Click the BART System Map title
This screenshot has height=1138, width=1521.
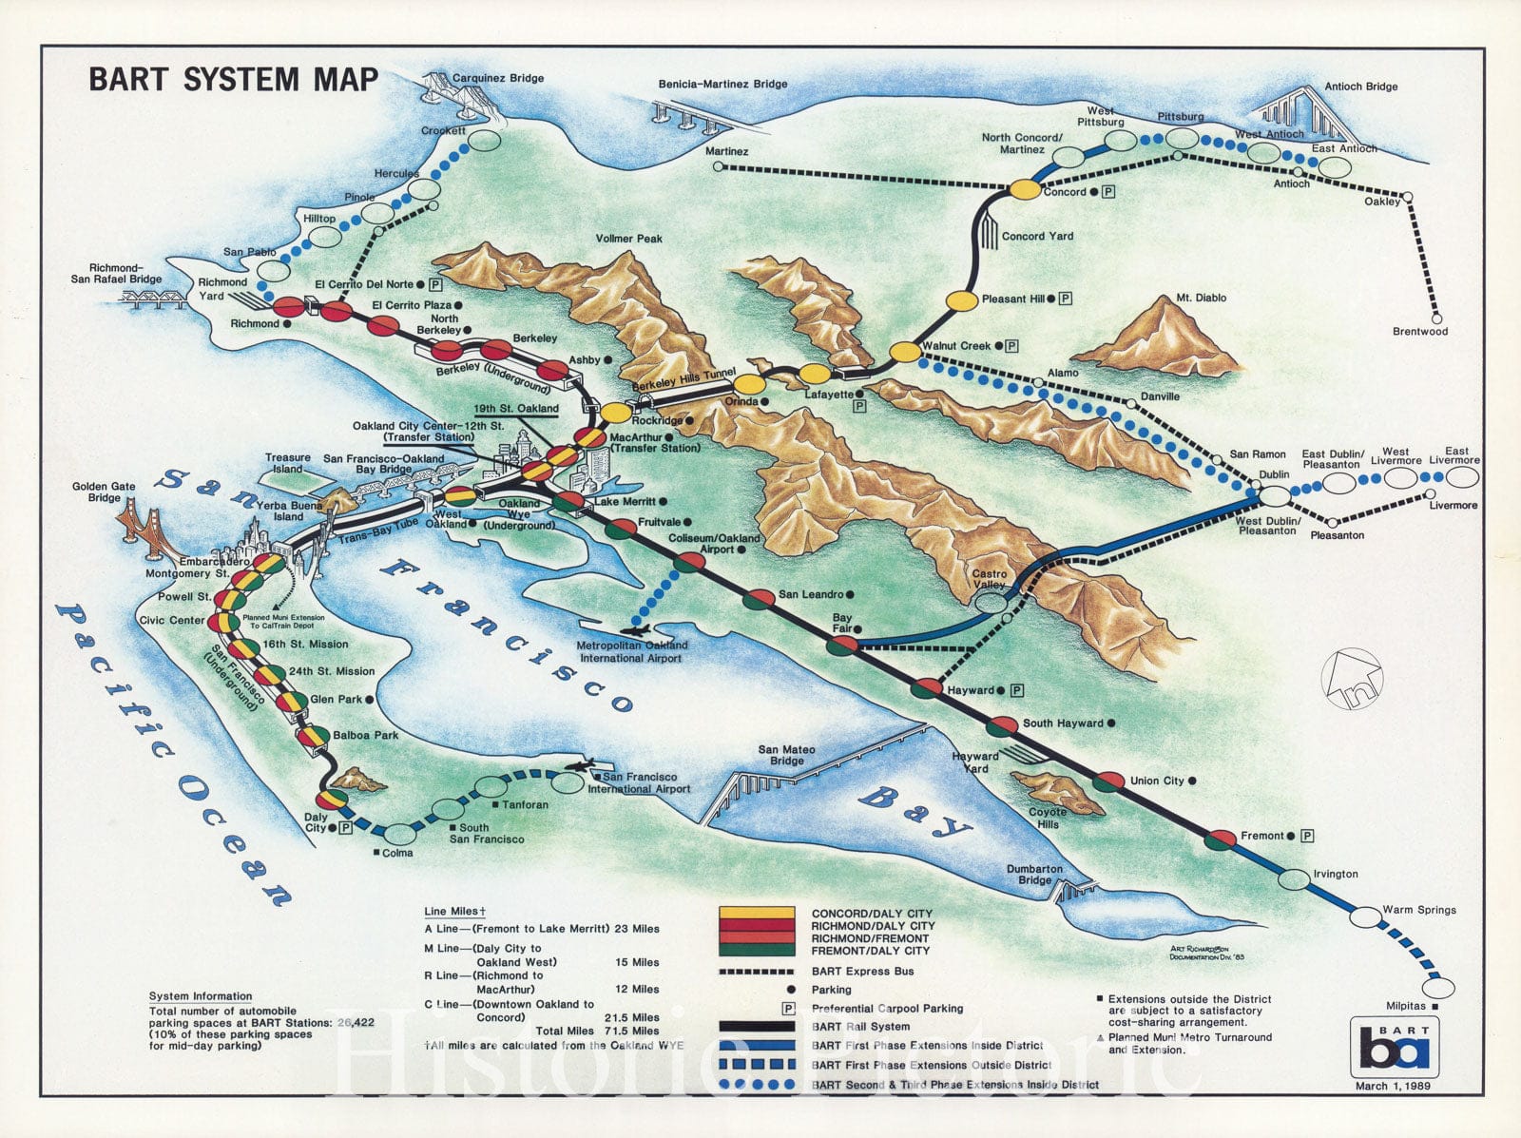point(234,79)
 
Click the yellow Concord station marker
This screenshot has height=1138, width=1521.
point(1025,189)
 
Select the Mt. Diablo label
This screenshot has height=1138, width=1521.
point(1201,298)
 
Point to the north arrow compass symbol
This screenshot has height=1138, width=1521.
point(1352,679)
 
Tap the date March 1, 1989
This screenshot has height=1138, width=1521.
point(1393,1086)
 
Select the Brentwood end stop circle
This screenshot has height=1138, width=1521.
point(1436,318)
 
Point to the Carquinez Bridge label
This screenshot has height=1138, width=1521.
point(497,78)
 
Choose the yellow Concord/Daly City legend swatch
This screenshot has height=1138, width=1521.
point(757,913)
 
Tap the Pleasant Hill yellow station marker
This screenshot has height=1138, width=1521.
point(962,300)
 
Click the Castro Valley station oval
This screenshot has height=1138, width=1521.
point(990,602)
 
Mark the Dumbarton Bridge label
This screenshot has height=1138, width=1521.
point(1034,874)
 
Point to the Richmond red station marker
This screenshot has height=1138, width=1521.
point(288,306)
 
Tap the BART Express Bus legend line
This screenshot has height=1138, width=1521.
point(757,972)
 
